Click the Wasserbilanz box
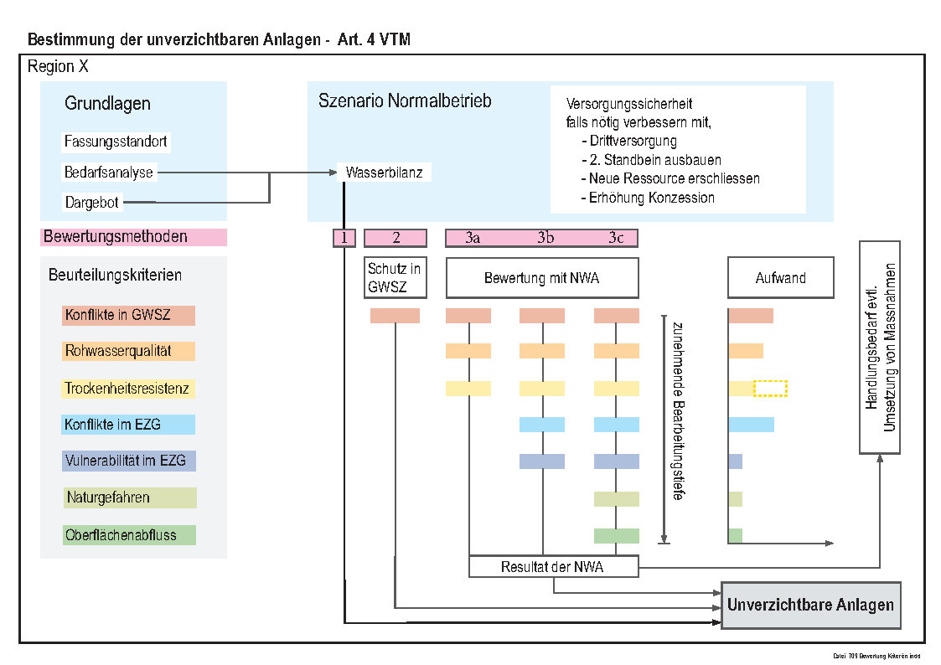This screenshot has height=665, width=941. click(385, 173)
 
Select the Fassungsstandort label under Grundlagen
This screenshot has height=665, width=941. click(116, 142)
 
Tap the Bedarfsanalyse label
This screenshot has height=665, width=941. click(109, 173)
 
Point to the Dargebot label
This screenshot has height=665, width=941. click(92, 202)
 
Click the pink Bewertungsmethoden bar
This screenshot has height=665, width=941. click(133, 237)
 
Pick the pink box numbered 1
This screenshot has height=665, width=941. click(344, 238)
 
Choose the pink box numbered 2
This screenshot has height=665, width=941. click(396, 238)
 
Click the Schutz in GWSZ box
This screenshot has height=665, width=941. click(395, 278)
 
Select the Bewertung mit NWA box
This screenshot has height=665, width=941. click(542, 278)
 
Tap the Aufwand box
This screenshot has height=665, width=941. click(781, 278)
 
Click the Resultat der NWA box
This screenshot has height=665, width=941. click(553, 567)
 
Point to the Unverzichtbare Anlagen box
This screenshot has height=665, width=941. click(810, 606)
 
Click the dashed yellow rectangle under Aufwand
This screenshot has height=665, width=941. click(770, 389)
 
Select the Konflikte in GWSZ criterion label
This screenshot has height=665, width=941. click(129, 316)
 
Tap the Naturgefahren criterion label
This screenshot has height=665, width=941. click(129, 497)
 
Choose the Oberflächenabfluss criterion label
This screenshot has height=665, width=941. click(129, 534)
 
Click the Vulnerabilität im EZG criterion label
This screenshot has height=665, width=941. click(129, 461)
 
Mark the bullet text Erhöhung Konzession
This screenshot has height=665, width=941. click(651, 198)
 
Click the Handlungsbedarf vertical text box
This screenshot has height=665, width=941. click(880, 348)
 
